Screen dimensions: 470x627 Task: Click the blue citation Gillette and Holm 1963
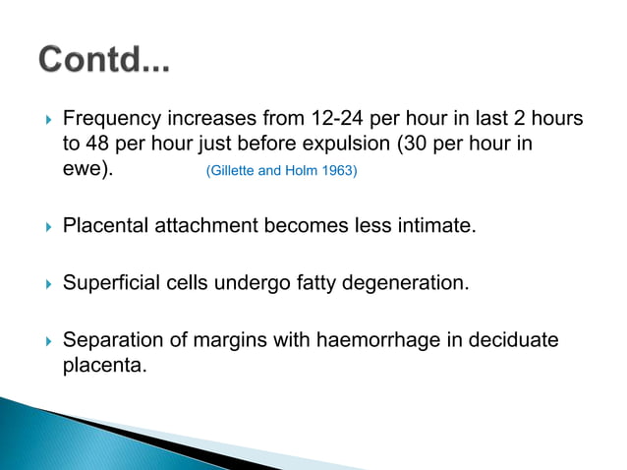[x=281, y=171]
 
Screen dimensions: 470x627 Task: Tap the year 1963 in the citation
[x=339, y=171]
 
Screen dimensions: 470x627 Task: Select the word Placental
[x=106, y=227]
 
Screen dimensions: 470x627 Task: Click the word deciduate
[x=510, y=340]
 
